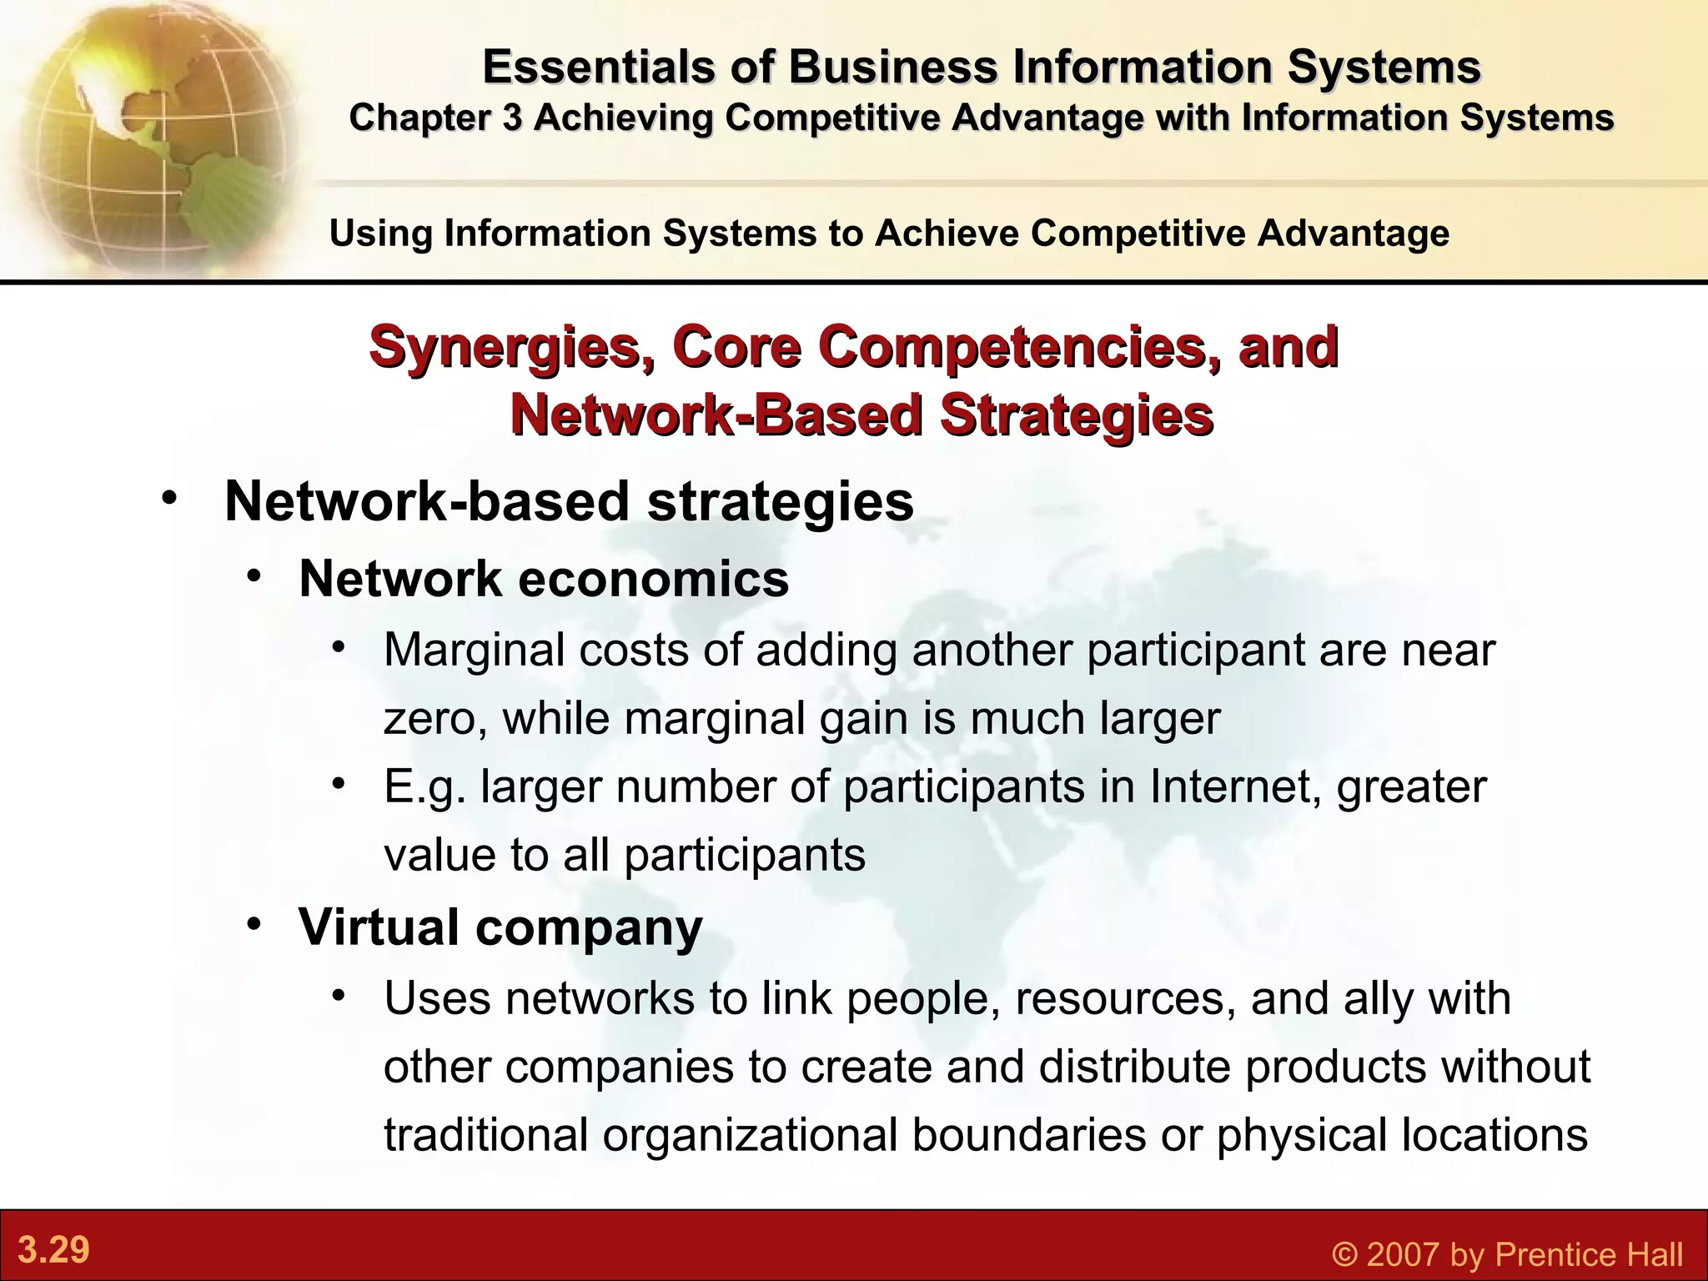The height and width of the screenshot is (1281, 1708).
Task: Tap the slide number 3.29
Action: [x=53, y=1250]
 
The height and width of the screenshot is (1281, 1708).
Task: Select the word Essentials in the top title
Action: [x=597, y=67]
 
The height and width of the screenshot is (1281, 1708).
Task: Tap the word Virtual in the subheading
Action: [x=378, y=927]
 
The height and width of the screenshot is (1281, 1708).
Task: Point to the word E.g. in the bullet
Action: [x=424, y=787]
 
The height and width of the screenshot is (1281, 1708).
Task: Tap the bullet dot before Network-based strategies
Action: [x=170, y=499]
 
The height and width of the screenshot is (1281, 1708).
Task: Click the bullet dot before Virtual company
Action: [x=254, y=924]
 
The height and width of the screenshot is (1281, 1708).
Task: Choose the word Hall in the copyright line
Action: [x=1651, y=1254]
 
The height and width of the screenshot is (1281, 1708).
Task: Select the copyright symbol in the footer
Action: [x=1345, y=1254]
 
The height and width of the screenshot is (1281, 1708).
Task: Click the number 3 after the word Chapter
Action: [x=511, y=118]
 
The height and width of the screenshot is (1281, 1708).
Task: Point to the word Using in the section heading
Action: [x=379, y=233]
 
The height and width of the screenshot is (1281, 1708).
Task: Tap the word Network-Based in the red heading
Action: [x=716, y=415]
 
